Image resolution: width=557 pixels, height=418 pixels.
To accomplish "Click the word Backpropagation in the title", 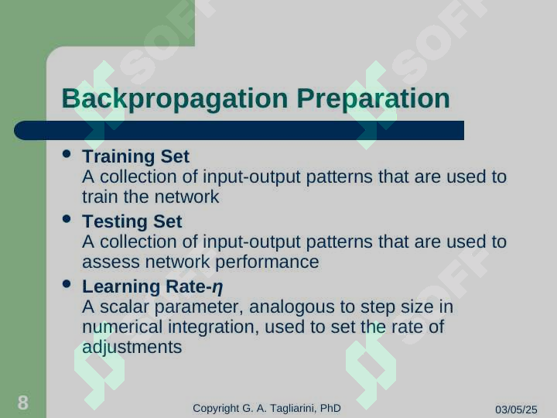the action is point(175,99).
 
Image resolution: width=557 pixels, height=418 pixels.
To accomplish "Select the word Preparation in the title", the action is point(374,99).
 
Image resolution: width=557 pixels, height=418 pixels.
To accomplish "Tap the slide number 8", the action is point(22,403).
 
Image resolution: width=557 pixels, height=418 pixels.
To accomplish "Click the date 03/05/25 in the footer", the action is point(516,409).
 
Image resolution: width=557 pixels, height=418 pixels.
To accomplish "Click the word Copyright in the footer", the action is point(216,409).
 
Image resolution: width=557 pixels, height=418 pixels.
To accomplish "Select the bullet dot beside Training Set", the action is point(67,153).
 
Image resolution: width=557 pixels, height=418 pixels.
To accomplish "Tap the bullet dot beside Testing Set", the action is point(67,218).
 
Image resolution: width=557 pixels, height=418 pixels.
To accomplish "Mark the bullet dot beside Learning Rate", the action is point(67,283).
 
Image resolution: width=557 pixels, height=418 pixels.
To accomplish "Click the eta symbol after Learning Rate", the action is point(217,287).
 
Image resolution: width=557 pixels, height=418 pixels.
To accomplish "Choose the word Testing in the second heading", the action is point(115,222).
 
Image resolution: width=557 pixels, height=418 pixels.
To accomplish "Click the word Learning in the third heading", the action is point(121,287).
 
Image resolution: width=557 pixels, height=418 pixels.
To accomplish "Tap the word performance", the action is point(267,262).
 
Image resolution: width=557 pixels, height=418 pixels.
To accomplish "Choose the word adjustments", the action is point(132,348).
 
